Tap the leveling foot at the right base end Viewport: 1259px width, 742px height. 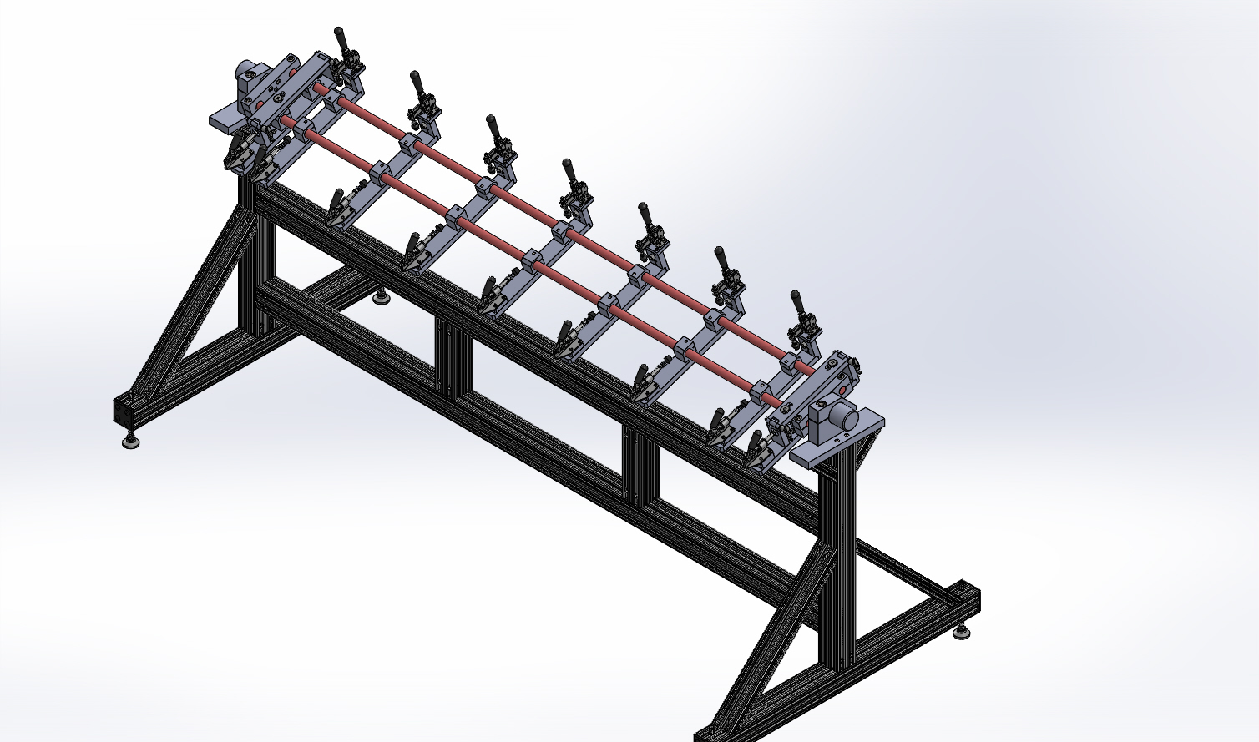click(962, 633)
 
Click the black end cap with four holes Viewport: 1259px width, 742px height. click(126, 410)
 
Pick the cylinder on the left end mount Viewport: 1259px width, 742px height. click(248, 73)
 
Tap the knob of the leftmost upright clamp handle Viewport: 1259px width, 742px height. click(339, 36)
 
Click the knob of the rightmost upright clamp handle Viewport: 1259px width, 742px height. click(796, 299)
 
